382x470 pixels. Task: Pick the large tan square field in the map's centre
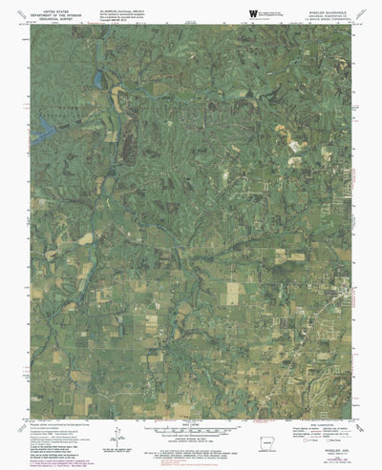231,296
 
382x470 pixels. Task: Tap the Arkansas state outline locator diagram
264,445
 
